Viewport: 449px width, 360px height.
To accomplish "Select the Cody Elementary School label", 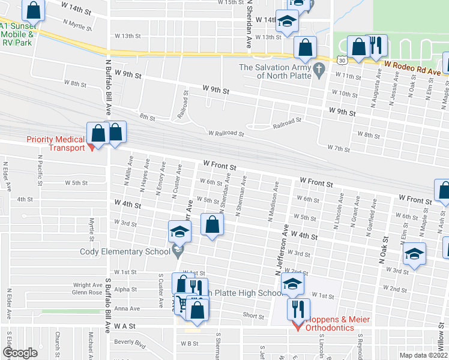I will click(x=125, y=251).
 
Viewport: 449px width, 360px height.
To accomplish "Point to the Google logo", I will click(x=20, y=353).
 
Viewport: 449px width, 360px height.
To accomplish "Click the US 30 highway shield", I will click(x=342, y=61).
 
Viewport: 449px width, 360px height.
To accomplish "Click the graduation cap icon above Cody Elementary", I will click(x=179, y=231).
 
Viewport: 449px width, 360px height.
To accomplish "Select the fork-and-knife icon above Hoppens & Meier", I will click(x=298, y=309).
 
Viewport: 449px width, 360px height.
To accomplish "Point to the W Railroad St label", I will click(x=226, y=133).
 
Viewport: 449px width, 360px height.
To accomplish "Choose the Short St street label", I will click(x=253, y=316).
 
